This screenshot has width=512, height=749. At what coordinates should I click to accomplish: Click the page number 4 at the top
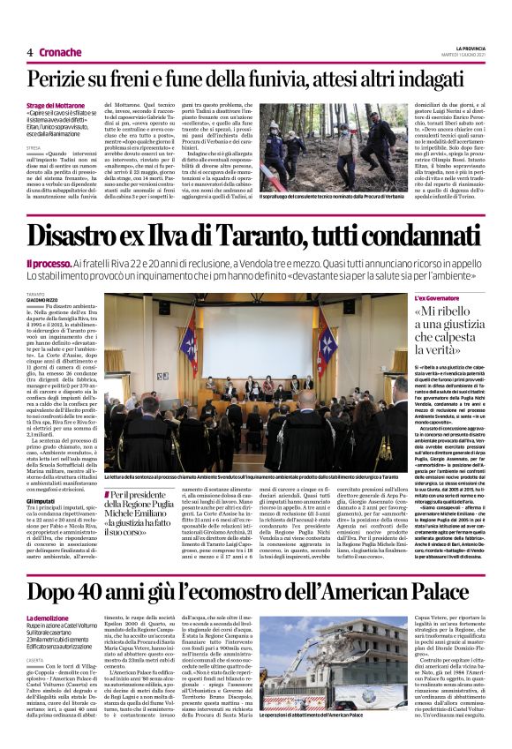(x=30, y=52)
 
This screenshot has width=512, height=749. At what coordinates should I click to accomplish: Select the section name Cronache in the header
(x=60, y=52)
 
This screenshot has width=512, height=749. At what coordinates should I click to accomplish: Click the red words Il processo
(x=49, y=264)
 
